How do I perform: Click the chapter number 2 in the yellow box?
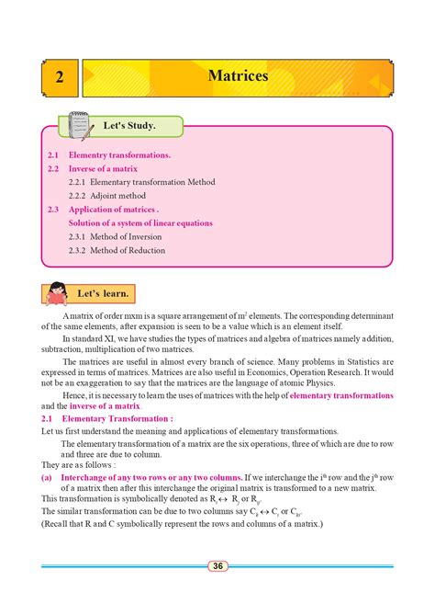[x=58, y=77]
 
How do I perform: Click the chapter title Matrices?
[x=238, y=75]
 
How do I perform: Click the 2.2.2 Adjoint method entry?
[x=107, y=196]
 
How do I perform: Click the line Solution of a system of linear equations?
[x=140, y=223]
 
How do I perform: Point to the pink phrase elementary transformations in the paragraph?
[x=341, y=394]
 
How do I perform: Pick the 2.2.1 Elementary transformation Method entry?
[x=141, y=182]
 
